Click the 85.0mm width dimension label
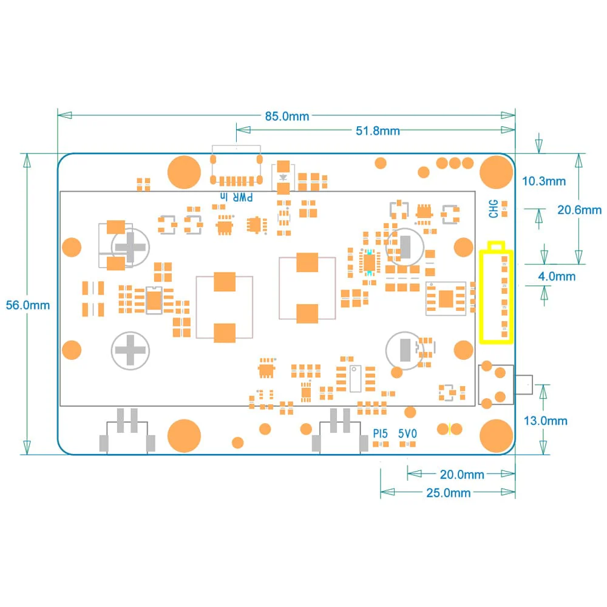point(287,116)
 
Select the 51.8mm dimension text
point(377,131)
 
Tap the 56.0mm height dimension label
point(28,305)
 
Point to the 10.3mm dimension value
point(544,181)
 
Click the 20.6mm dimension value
point(580,210)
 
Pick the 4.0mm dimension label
point(557,276)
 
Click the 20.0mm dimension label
point(462,474)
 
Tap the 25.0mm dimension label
point(448,493)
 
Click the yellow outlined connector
point(497,296)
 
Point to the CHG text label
point(494,209)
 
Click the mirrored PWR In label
point(239,197)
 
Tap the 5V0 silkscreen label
point(407,434)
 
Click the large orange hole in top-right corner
point(496,172)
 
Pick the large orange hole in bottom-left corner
point(183,435)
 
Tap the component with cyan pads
point(369,262)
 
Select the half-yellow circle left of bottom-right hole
point(444,429)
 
